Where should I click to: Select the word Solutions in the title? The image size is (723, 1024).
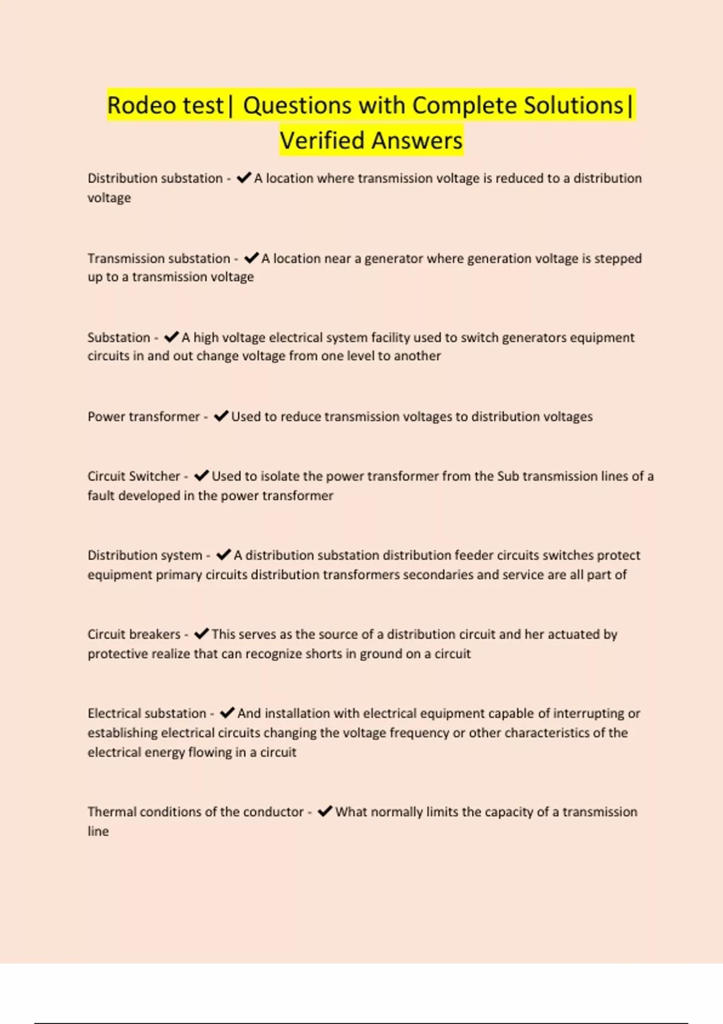573,105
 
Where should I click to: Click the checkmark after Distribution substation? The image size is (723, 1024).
243,178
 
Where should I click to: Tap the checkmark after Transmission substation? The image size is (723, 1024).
251,258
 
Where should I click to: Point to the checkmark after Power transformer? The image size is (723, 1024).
221,416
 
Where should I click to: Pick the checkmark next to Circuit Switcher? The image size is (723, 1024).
201,476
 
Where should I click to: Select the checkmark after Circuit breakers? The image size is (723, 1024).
201,634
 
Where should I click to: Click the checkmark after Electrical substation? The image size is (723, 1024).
227,713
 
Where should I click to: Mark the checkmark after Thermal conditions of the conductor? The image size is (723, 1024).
325,811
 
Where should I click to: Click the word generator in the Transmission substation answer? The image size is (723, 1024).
393,258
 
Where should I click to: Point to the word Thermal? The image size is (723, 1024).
111,812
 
